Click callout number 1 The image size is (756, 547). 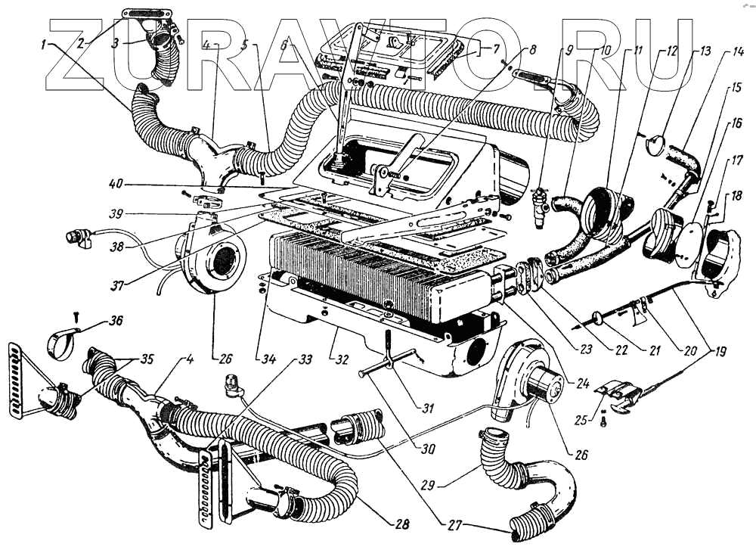[x=47, y=44]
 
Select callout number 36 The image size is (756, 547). [x=114, y=320]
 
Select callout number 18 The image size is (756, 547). [x=734, y=196]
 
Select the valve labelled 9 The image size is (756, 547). [x=540, y=205]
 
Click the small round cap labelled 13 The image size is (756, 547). [x=655, y=145]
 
